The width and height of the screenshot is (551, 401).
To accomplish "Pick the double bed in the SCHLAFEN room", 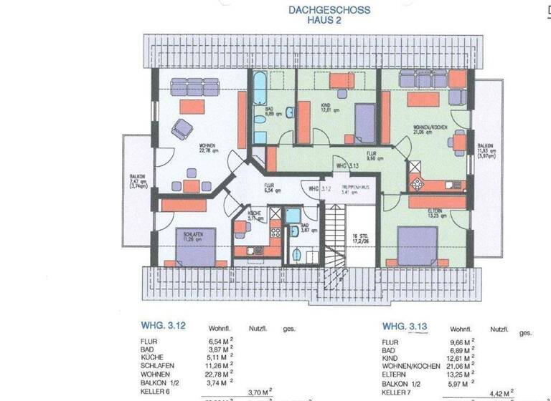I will (195, 248).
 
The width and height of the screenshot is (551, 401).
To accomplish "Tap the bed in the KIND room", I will (365, 122).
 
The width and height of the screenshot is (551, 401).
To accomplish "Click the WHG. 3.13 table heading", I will (405, 327).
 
